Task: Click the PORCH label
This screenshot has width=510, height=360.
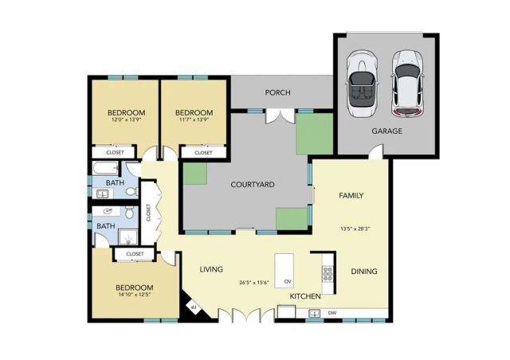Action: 278,93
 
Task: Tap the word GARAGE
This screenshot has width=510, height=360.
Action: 387,131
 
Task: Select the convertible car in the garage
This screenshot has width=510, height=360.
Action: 363,82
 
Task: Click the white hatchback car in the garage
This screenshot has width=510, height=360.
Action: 408,82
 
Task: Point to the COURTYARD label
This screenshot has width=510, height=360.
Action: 253,185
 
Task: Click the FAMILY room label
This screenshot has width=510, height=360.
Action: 351,195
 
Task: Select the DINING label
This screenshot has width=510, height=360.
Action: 364,272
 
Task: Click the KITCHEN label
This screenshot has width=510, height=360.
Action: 305,296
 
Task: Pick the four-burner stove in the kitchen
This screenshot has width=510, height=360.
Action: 327,274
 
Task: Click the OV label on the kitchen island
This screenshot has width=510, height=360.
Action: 288,281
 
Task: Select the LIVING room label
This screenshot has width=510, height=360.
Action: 211,269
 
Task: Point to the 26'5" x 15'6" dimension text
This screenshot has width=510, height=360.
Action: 255,282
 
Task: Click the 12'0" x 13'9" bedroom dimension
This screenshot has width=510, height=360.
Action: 126,121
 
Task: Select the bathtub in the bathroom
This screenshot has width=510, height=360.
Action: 104,168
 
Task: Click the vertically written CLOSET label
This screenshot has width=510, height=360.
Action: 149,213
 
